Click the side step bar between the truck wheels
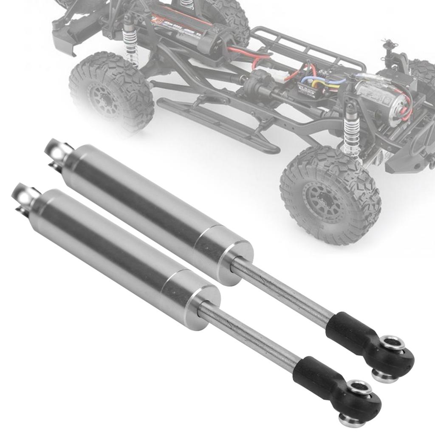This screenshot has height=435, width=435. click(x=217, y=123)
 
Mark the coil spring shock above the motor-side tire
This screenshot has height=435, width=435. click(x=352, y=127)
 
